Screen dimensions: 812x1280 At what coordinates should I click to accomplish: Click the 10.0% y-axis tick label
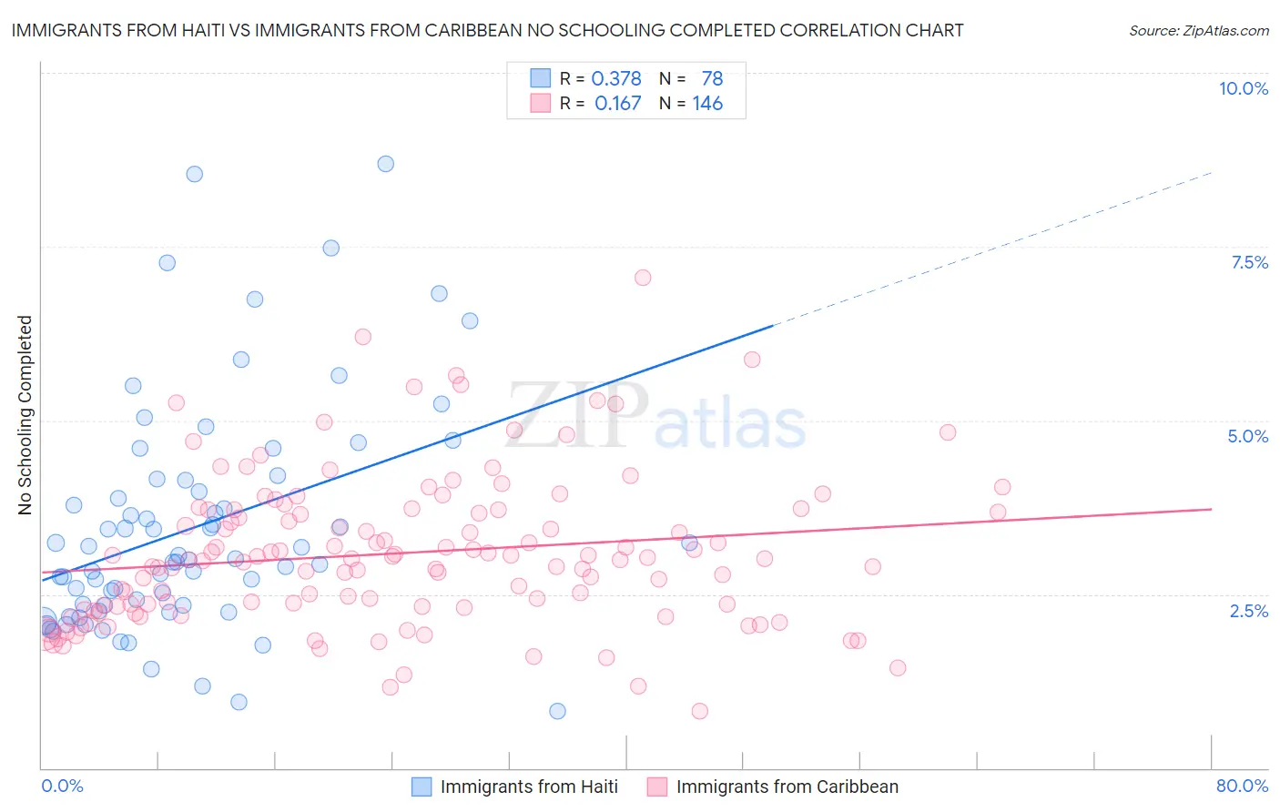coord(1243,88)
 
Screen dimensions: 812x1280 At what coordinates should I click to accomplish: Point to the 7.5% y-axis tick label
coord(1249,262)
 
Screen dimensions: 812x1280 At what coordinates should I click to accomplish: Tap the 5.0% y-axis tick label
coord(1247,436)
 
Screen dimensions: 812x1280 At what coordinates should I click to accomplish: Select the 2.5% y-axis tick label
coord(1248,611)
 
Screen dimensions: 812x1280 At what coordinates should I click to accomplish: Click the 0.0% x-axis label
coord(62,786)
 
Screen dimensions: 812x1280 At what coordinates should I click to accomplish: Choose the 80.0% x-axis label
coord(1242,786)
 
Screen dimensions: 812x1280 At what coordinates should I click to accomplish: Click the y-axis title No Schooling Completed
coord(25,415)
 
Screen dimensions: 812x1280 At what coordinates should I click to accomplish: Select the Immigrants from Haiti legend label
coord(529,787)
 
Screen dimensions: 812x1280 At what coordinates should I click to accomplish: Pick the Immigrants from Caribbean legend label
coord(787,787)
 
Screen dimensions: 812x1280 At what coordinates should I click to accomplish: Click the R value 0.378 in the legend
coord(616,78)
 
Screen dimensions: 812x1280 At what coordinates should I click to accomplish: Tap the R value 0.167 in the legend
coord(617,104)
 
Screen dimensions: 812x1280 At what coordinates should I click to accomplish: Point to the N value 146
coord(707,104)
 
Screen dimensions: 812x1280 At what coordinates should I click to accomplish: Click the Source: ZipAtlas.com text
coord(1198,31)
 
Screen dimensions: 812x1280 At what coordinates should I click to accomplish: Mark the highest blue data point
coord(386,164)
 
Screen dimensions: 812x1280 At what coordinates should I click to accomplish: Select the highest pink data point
coord(643,278)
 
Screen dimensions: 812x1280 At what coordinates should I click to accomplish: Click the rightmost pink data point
coord(1002,487)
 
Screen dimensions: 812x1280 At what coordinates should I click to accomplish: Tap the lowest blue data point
coord(557,711)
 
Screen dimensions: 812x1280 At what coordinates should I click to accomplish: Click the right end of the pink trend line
coord(1212,509)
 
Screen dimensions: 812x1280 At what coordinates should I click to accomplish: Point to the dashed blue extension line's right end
coord(1212,172)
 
